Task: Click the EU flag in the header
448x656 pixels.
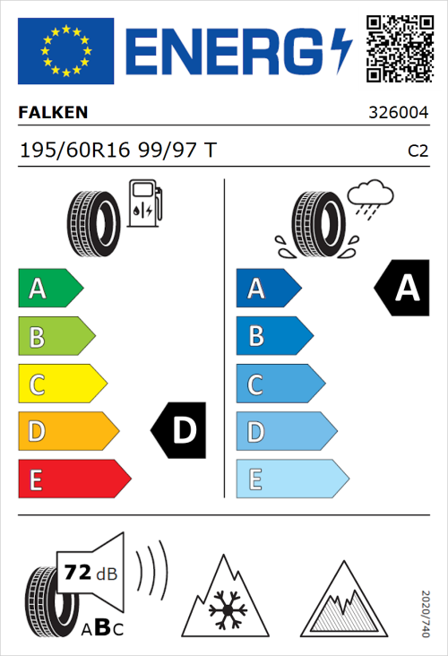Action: pyautogui.click(x=66, y=51)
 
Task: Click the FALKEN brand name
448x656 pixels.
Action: pyautogui.click(x=54, y=114)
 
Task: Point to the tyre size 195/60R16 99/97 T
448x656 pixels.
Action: pyautogui.click(x=116, y=150)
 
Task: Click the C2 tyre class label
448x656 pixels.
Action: pyautogui.click(x=418, y=151)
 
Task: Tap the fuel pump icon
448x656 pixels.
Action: pyautogui.click(x=144, y=204)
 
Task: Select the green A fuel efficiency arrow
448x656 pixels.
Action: pyautogui.click(x=50, y=289)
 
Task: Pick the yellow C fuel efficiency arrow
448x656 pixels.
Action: pyautogui.click(x=62, y=384)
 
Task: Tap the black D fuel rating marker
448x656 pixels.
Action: pyautogui.click(x=179, y=431)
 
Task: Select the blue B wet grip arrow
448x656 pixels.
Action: pyautogui.click(x=274, y=337)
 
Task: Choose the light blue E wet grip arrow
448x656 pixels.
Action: pyautogui.click(x=291, y=479)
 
